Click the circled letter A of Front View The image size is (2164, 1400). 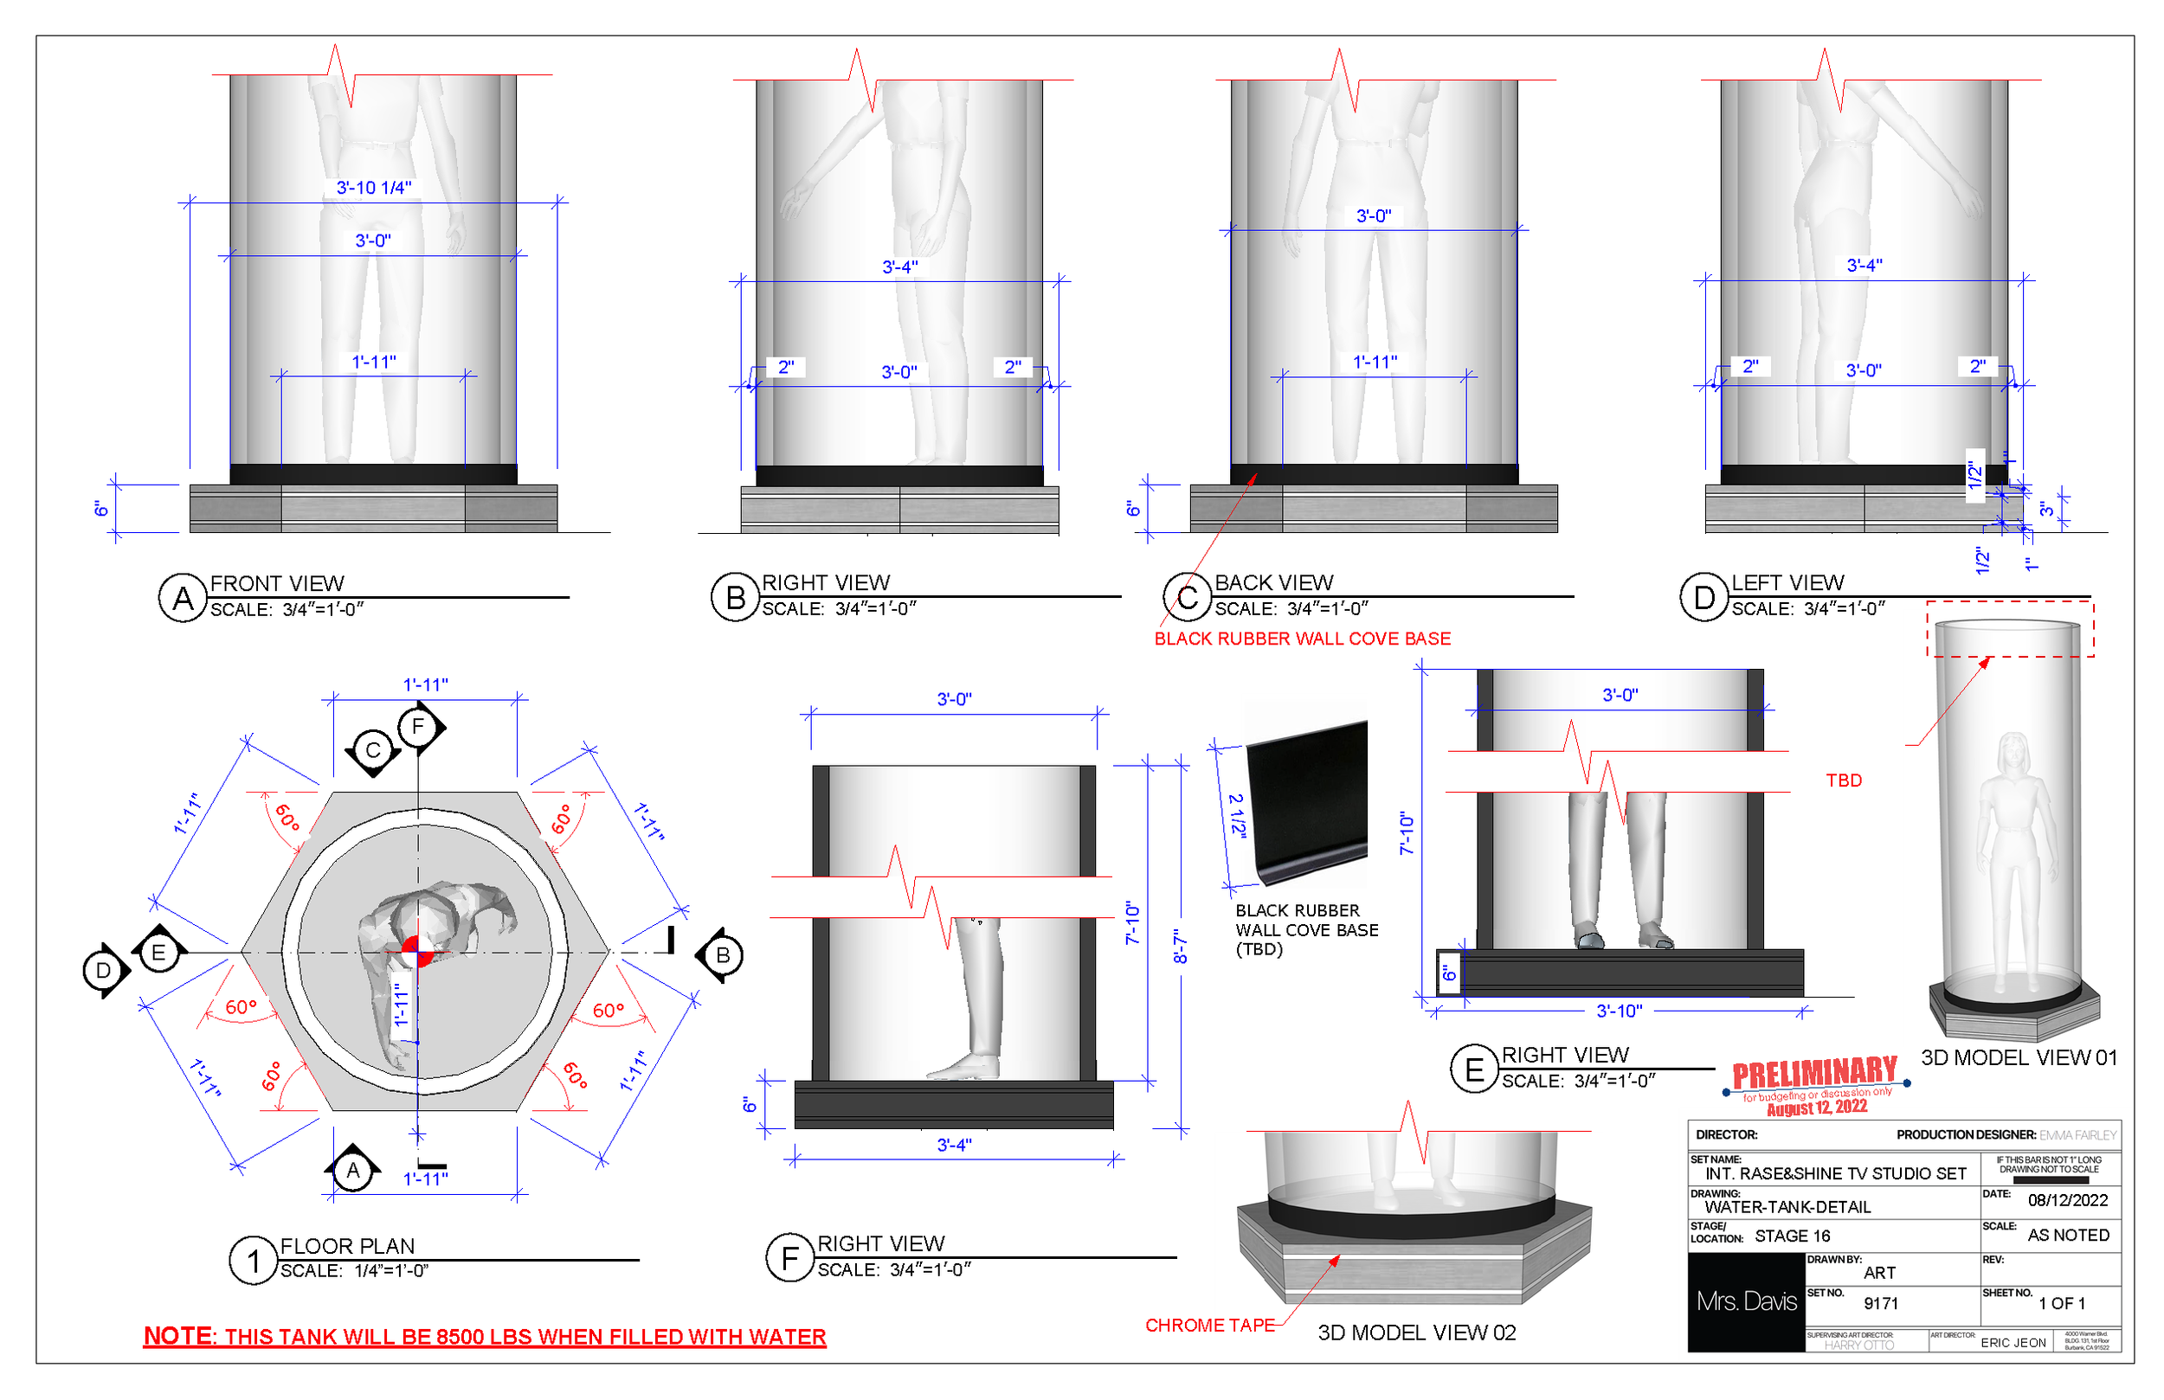tap(183, 598)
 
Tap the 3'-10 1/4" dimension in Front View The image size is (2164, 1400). tap(374, 188)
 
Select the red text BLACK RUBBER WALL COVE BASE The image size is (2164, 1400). tap(1302, 639)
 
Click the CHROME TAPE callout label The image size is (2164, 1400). tap(1209, 1326)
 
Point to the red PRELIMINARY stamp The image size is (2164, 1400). tap(1814, 1075)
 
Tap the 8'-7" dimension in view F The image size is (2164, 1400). tap(1180, 947)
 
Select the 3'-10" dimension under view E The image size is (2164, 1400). tap(1620, 1011)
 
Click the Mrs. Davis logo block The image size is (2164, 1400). tap(1746, 1302)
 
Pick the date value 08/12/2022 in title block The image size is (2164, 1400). tap(2067, 1200)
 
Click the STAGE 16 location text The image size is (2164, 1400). tap(1791, 1236)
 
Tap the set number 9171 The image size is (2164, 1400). tap(1880, 1304)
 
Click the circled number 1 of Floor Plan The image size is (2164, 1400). tap(253, 1261)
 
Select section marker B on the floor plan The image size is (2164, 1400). tap(723, 955)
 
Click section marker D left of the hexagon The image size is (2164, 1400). tap(104, 971)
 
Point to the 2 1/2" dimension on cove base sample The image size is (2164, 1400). tap(1237, 815)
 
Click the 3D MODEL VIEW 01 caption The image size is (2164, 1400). tap(2019, 1058)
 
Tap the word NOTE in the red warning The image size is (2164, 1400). tap(178, 1336)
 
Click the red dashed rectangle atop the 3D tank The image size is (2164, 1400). tap(2009, 628)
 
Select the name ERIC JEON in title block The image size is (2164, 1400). tap(2013, 1343)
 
